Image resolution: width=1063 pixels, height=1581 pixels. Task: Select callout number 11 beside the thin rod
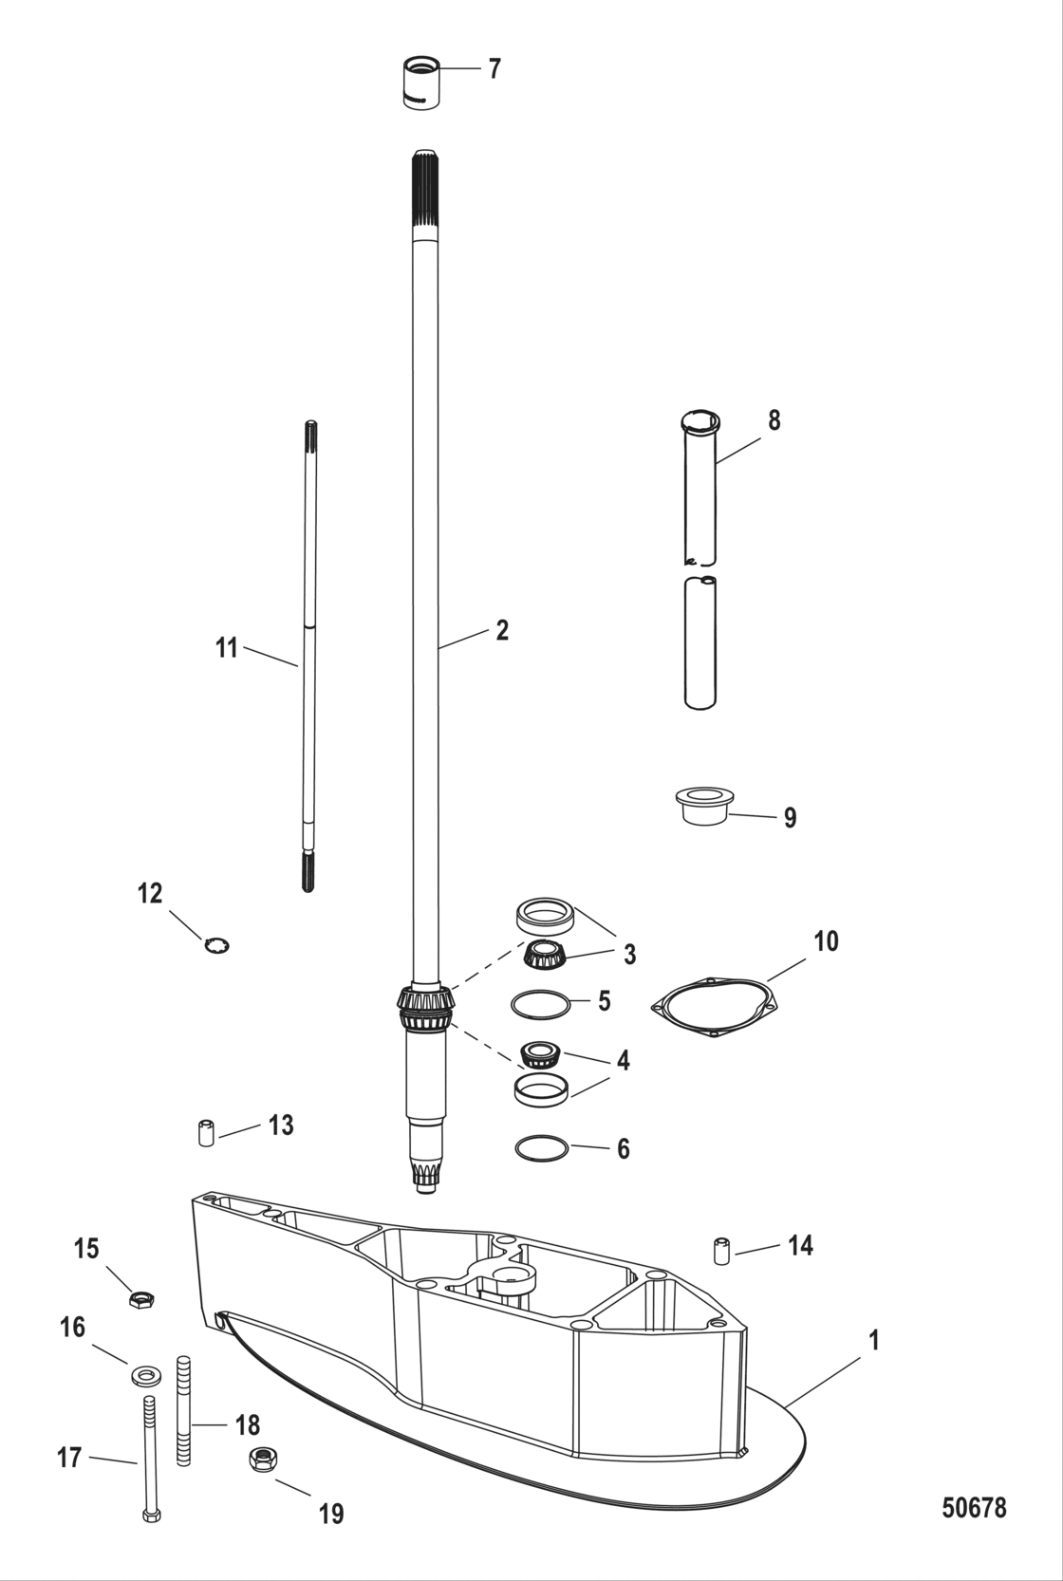226,648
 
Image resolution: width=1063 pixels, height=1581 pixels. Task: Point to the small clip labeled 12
217,945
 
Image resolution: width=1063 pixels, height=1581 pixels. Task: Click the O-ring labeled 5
540,1004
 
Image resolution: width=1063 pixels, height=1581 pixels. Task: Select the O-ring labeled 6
542,1148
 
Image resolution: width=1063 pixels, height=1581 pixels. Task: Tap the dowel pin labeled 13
206,1132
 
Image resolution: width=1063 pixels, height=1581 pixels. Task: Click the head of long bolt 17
151,1516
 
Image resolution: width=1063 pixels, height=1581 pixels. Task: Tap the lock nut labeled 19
261,1460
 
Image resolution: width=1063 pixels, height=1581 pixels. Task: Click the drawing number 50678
974,1507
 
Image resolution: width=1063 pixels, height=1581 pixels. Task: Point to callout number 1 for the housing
873,1341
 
